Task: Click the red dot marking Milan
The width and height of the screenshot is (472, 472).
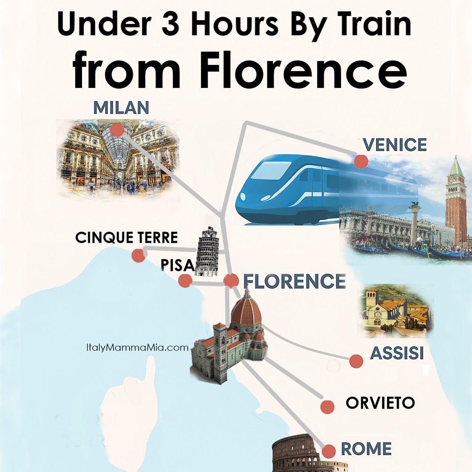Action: pyautogui.click(x=117, y=130)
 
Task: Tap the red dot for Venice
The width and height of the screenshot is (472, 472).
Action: pyautogui.click(x=361, y=161)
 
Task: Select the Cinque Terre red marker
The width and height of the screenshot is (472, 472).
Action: pyautogui.click(x=138, y=255)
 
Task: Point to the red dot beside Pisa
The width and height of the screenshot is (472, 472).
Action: pyautogui.click(x=185, y=281)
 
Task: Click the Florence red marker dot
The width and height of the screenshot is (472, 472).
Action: pyautogui.click(x=231, y=281)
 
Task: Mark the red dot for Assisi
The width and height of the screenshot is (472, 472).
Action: pyautogui.click(x=356, y=361)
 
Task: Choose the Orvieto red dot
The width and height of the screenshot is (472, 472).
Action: pyautogui.click(x=327, y=407)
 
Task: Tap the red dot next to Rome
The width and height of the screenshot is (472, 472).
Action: pyautogui.click(x=329, y=451)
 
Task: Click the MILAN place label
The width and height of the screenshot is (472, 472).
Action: pyautogui.click(x=121, y=108)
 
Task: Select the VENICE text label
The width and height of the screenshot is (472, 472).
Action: pyautogui.click(x=395, y=145)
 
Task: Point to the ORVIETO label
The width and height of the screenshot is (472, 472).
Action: pyautogui.click(x=380, y=403)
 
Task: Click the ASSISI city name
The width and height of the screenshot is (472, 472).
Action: pyautogui.click(x=397, y=353)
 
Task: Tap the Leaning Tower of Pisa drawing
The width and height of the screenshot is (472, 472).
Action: pyautogui.click(x=208, y=252)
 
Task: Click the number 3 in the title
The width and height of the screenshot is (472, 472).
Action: pyautogui.click(x=170, y=24)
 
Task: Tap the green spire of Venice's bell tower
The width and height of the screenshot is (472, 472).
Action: pyautogui.click(x=456, y=167)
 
